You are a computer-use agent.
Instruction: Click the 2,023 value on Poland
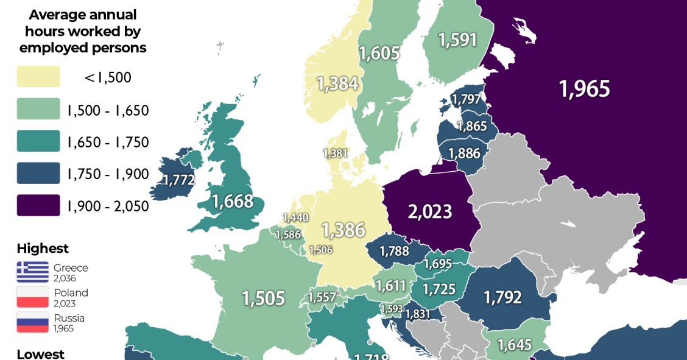tap(430, 211)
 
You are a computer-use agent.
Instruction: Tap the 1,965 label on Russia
tap(584, 89)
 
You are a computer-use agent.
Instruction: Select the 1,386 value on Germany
tap(343, 230)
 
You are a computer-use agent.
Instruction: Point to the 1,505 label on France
tap(263, 298)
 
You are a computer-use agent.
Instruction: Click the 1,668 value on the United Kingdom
tap(232, 201)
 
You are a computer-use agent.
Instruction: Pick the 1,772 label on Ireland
tap(178, 180)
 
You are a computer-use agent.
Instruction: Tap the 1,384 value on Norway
tap(337, 84)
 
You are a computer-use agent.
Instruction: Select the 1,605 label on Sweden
tap(379, 54)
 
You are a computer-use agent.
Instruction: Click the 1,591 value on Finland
tap(457, 40)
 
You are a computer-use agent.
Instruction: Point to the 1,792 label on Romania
tap(502, 297)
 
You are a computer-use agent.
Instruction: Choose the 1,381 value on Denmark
tap(334, 154)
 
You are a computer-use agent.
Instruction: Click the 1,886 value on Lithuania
tap(464, 154)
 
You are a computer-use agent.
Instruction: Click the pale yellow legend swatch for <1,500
tap(38, 77)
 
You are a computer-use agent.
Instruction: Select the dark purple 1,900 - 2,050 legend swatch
tap(38, 206)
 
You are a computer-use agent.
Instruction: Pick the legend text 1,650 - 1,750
tap(108, 142)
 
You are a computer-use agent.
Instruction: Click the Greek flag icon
tap(33, 272)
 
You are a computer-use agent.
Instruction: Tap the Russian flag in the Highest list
tap(33, 322)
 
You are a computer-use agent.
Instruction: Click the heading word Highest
tap(43, 249)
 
